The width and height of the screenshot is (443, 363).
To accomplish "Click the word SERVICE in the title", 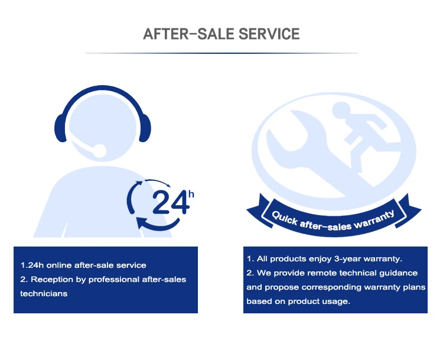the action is click(x=269, y=33).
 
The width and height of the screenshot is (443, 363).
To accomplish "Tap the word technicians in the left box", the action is click(x=44, y=293).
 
